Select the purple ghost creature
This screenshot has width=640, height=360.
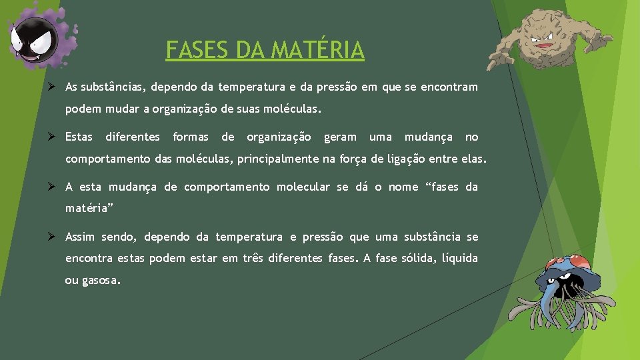pyautogui.click(x=37, y=40)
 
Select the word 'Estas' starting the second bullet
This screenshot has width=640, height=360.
pyautogui.click(x=79, y=137)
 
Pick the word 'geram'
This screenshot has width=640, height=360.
pyautogui.click(x=340, y=137)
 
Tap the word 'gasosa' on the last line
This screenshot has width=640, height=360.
pyautogui.click(x=99, y=281)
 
